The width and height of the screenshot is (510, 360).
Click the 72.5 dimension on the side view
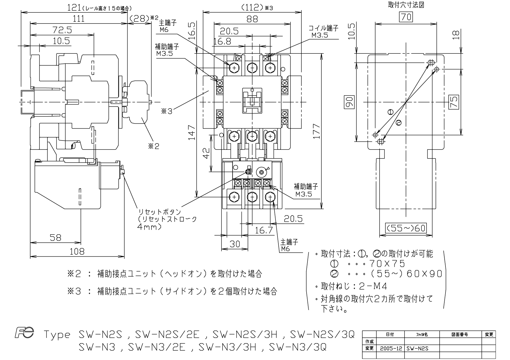pos(62,30)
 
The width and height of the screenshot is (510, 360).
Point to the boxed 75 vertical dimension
pos(454,102)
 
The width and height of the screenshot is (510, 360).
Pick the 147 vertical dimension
pos(191,132)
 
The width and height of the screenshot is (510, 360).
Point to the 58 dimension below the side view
pos(56,237)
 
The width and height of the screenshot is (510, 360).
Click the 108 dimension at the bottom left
pos(77,251)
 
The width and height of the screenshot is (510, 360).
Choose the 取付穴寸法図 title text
pos(406,5)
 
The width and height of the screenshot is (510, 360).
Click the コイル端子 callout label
pos(323,28)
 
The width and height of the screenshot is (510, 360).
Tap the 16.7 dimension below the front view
pos(264,231)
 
